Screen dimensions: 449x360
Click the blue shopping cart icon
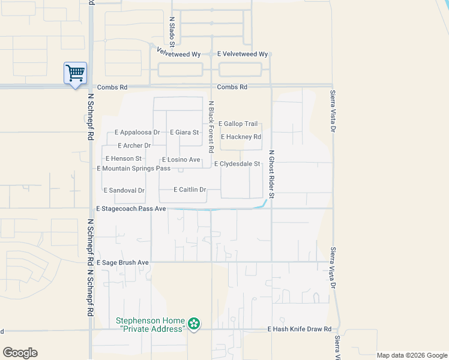click(75, 74)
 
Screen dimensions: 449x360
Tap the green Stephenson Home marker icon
click(194, 325)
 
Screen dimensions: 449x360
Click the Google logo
click(20, 353)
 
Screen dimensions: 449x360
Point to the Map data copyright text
click(411, 355)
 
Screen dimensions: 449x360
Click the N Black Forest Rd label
click(211, 126)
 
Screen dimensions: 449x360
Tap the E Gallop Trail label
click(238, 124)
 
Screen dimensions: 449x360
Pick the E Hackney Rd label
click(241, 137)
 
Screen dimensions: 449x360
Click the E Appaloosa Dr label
click(137, 133)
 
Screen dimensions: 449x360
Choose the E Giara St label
click(184, 133)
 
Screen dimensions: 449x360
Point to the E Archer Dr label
click(134, 146)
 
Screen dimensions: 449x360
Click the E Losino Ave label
click(181, 160)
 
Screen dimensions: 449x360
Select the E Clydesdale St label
click(237, 164)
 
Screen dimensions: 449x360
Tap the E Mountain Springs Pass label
click(134, 169)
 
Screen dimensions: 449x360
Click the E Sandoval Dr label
click(124, 191)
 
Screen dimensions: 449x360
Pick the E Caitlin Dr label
click(190, 190)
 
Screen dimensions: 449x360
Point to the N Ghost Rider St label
click(271, 174)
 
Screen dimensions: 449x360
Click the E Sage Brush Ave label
click(122, 263)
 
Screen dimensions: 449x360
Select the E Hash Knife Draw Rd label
click(300, 329)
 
